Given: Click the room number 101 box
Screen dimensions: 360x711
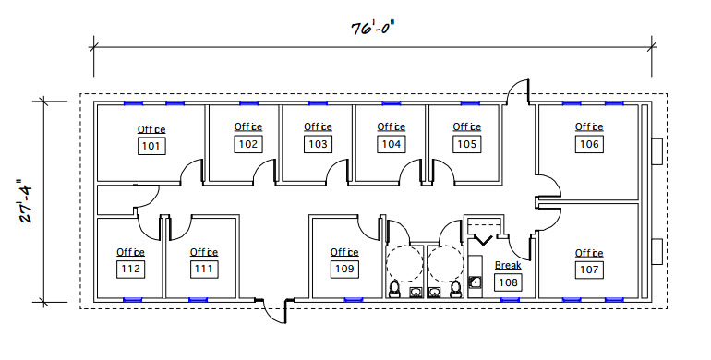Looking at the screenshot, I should tap(151, 146).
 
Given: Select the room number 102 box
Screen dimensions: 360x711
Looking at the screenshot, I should tap(248, 144).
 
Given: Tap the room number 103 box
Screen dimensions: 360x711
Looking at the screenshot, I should tap(319, 144).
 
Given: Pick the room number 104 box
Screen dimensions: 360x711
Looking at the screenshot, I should tap(392, 144).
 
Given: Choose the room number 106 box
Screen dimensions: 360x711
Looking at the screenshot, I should tap(589, 144).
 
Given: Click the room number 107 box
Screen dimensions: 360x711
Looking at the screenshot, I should tap(589, 270).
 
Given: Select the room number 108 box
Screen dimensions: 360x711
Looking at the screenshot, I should tap(507, 282).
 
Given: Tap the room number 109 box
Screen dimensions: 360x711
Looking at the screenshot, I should tap(344, 270).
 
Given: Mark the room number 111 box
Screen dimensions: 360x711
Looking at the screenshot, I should tap(204, 269).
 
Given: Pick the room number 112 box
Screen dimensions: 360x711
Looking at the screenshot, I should tap(130, 269).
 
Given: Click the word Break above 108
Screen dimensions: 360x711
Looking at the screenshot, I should tap(508, 266).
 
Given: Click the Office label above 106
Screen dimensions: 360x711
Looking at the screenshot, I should tap(589, 127).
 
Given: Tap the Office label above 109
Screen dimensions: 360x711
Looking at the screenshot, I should tap(344, 252).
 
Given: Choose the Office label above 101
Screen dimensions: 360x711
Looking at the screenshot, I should tap(151, 129).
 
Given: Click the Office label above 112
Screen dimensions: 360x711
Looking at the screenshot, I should tap(130, 252).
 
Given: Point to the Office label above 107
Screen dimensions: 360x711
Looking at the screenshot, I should tap(589, 253).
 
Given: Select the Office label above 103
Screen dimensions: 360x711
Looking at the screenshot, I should tap(319, 127).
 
